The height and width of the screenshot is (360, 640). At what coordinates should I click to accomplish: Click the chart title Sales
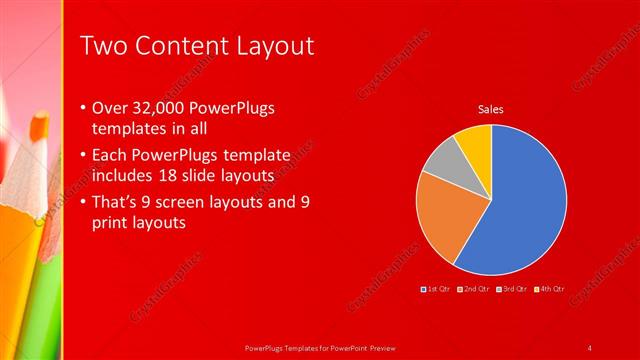490,109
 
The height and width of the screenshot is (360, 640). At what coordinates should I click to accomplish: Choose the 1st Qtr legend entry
436,289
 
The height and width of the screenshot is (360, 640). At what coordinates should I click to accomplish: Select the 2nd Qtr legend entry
474,289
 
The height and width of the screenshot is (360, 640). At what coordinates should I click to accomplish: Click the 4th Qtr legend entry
549,289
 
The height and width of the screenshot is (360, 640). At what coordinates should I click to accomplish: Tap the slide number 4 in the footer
589,347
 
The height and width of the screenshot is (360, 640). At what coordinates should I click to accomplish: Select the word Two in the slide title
101,46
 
